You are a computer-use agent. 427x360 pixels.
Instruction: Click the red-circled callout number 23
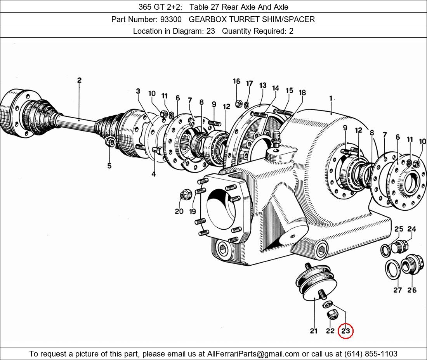click(345, 331)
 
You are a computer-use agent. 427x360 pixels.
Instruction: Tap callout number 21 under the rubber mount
click(314, 331)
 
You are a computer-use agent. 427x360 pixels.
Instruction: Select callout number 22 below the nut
click(330, 331)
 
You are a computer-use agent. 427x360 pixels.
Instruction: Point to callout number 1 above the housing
click(331, 99)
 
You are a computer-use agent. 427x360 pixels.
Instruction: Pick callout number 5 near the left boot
click(109, 166)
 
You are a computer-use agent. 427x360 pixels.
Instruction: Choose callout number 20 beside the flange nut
click(179, 211)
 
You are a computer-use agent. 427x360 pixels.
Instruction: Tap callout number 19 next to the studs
click(193, 211)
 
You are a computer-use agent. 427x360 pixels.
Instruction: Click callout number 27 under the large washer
click(397, 290)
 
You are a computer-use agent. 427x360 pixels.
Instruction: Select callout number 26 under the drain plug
click(412, 290)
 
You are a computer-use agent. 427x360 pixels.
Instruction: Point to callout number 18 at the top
click(302, 92)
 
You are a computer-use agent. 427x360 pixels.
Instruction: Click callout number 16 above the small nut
click(237, 81)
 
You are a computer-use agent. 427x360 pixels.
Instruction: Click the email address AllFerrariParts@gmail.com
click(253, 354)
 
